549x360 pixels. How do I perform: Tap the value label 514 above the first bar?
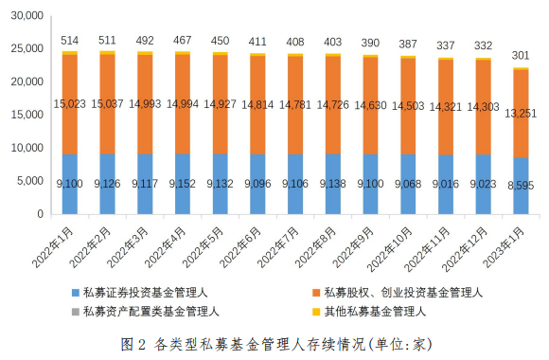[70, 41]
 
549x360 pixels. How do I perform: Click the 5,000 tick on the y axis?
[30, 180]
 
